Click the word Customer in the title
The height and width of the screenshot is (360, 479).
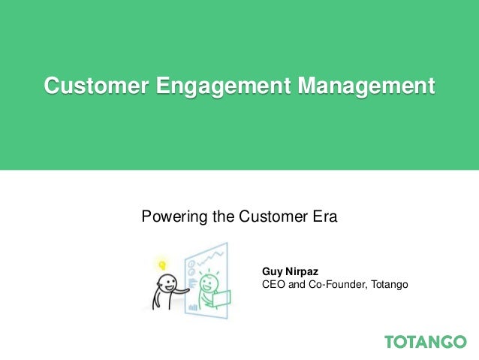[x=95, y=86]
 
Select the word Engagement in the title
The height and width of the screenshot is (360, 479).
[x=223, y=86]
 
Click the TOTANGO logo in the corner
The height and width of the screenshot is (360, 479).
[x=425, y=342]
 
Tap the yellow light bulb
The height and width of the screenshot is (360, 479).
[x=161, y=264]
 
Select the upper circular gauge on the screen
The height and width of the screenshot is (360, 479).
[x=191, y=265]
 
